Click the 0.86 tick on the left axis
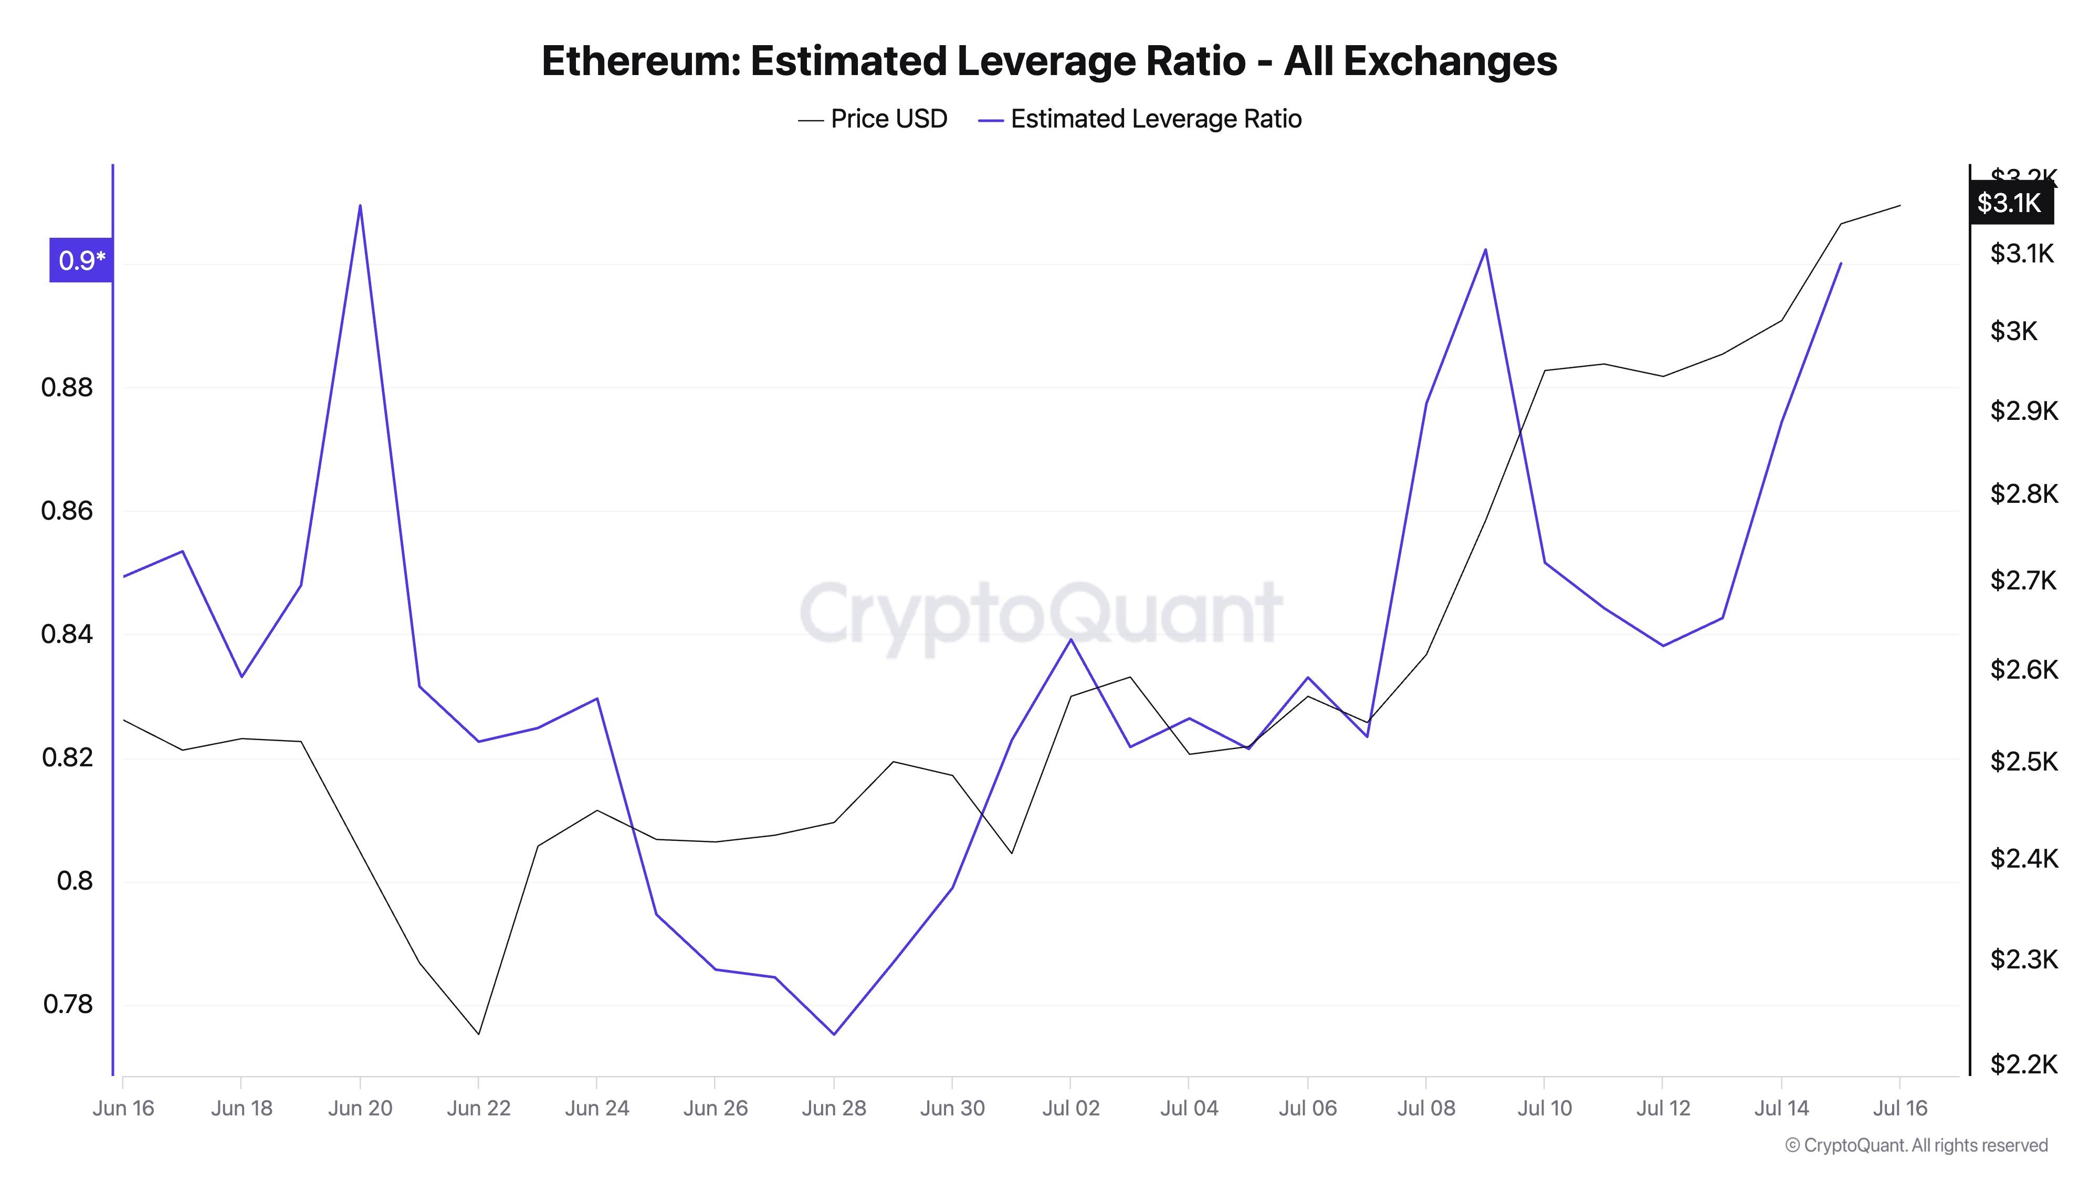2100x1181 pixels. pos(67,511)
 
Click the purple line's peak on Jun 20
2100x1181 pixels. pos(360,205)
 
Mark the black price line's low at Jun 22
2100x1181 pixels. pos(478,1034)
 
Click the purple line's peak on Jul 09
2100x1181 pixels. pos(1485,249)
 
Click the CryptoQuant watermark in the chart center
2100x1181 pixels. pos(1041,613)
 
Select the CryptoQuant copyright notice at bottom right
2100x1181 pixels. pos(1916,1146)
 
